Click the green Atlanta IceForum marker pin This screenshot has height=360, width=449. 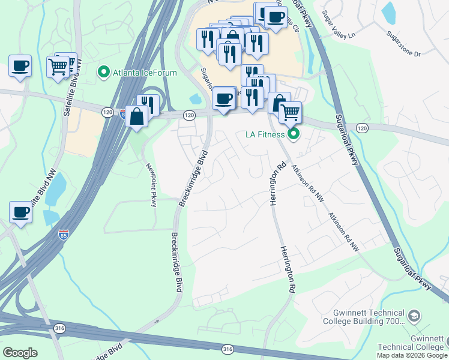pos(104,73)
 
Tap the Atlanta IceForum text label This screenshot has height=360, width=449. pos(144,73)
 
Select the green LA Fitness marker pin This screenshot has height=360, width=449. pos(294,134)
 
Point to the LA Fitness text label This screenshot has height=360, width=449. pos(264,134)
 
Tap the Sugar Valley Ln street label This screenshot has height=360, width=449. pos(339,24)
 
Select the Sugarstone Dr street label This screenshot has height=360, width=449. pos(404,45)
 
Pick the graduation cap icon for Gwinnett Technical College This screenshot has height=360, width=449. pos(414,316)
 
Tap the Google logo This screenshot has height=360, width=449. pos(20,352)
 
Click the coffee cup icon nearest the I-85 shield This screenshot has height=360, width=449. pos(20,212)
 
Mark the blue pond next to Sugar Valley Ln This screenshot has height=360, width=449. pos(389,12)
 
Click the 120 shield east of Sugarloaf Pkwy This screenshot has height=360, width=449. pos(361,128)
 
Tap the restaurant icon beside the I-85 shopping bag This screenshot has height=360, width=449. pos(148,104)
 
